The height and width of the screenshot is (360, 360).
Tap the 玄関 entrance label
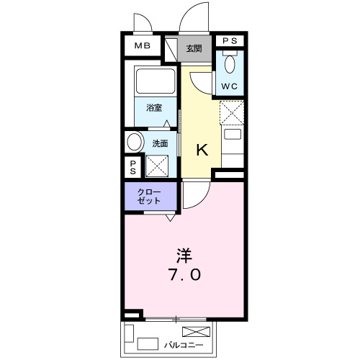point(194,49)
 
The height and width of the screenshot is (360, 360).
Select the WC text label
point(230,86)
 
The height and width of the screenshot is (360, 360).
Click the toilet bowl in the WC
point(230,65)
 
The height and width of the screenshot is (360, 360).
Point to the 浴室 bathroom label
point(154,108)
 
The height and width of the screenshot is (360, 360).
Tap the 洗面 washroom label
point(160,143)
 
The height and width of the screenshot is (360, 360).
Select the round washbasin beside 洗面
point(135,142)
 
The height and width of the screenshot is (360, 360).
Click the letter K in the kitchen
point(203,150)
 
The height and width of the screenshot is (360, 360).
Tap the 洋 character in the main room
point(185,254)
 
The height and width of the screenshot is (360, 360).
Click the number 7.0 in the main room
point(185,275)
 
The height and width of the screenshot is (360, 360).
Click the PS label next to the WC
point(230,42)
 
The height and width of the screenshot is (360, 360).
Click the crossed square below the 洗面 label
point(157,165)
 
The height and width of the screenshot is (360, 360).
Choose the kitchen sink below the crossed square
point(232,133)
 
